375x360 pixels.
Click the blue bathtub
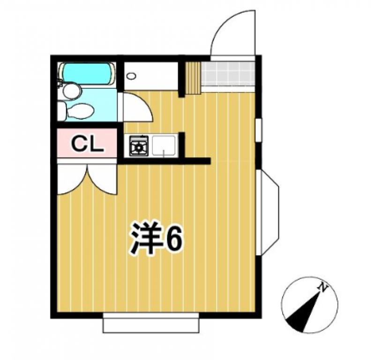click(87, 73)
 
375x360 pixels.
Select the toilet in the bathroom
click(76, 111)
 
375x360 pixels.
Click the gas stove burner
click(139, 146)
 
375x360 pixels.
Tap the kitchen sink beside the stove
click(164, 146)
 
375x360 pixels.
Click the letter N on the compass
click(323, 287)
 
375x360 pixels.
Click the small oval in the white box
click(131, 76)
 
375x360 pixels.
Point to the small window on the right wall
click(259, 130)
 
